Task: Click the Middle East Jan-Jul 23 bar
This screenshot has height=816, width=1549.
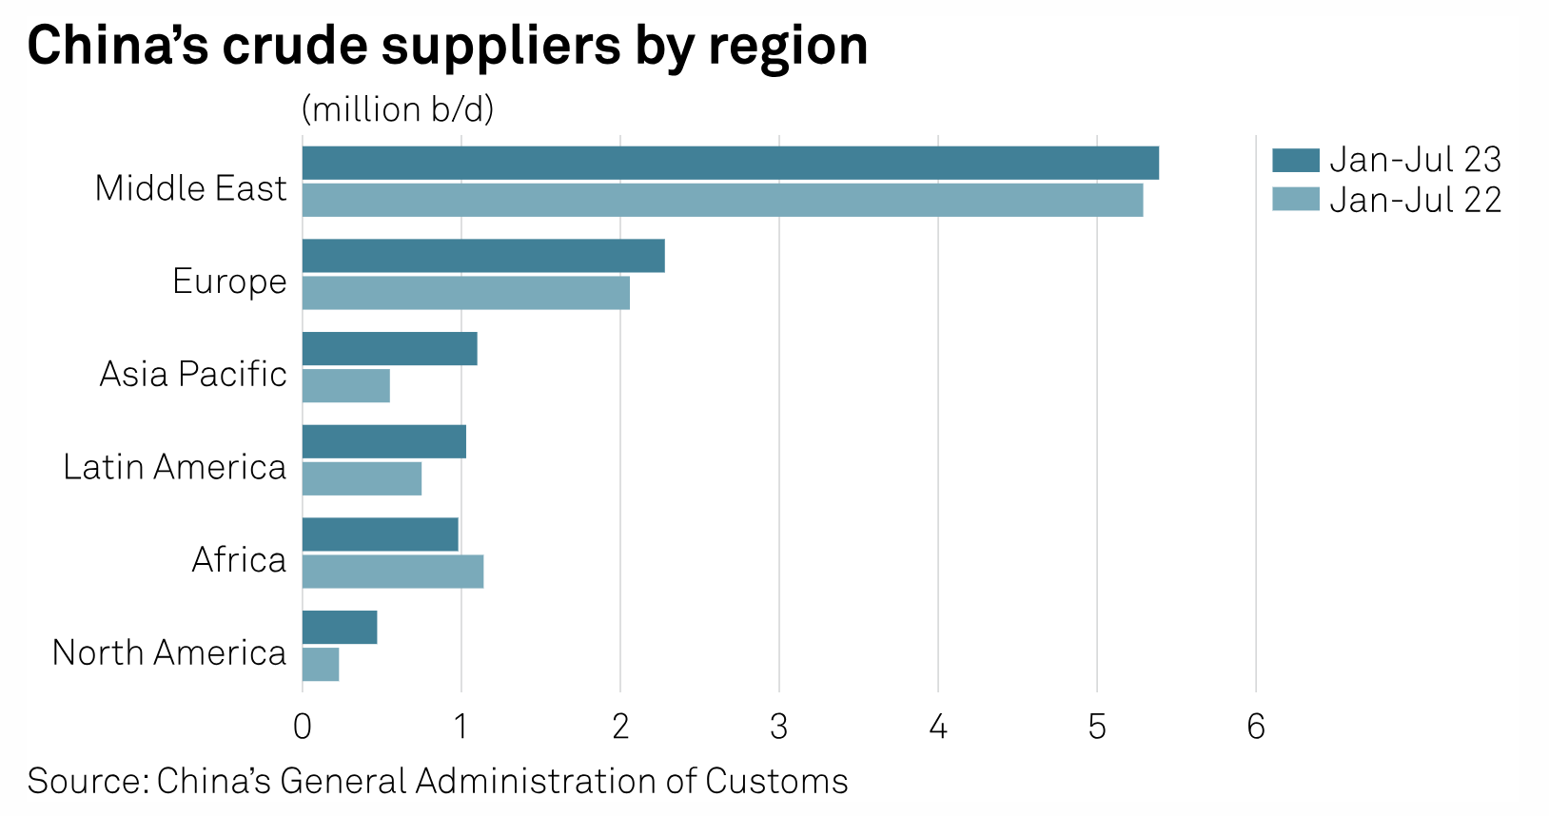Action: (x=730, y=164)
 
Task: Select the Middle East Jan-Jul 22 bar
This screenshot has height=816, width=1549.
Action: (x=722, y=201)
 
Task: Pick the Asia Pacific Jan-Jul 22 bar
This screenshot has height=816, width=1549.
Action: (x=346, y=385)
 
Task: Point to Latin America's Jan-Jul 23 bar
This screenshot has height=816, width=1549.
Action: (x=384, y=442)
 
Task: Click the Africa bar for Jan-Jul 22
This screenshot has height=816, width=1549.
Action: (x=393, y=572)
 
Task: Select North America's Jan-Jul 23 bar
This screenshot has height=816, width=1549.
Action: (x=340, y=628)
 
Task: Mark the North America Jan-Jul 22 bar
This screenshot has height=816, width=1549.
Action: (x=321, y=665)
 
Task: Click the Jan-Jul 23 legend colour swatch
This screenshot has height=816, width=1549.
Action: (x=1295, y=160)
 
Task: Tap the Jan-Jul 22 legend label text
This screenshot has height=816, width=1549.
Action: (x=1415, y=200)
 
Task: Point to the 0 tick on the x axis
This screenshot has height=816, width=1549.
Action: (x=303, y=728)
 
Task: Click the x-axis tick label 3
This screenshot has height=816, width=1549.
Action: (x=779, y=728)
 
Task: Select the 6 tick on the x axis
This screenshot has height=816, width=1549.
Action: (x=1256, y=728)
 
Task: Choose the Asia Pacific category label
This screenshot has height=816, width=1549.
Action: (x=193, y=374)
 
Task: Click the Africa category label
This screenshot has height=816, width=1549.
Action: (x=239, y=560)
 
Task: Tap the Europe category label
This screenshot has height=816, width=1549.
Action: (x=229, y=282)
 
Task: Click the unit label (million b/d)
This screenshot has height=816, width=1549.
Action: (x=398, y=110)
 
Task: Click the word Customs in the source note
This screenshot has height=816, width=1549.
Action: (x=776, y=781)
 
